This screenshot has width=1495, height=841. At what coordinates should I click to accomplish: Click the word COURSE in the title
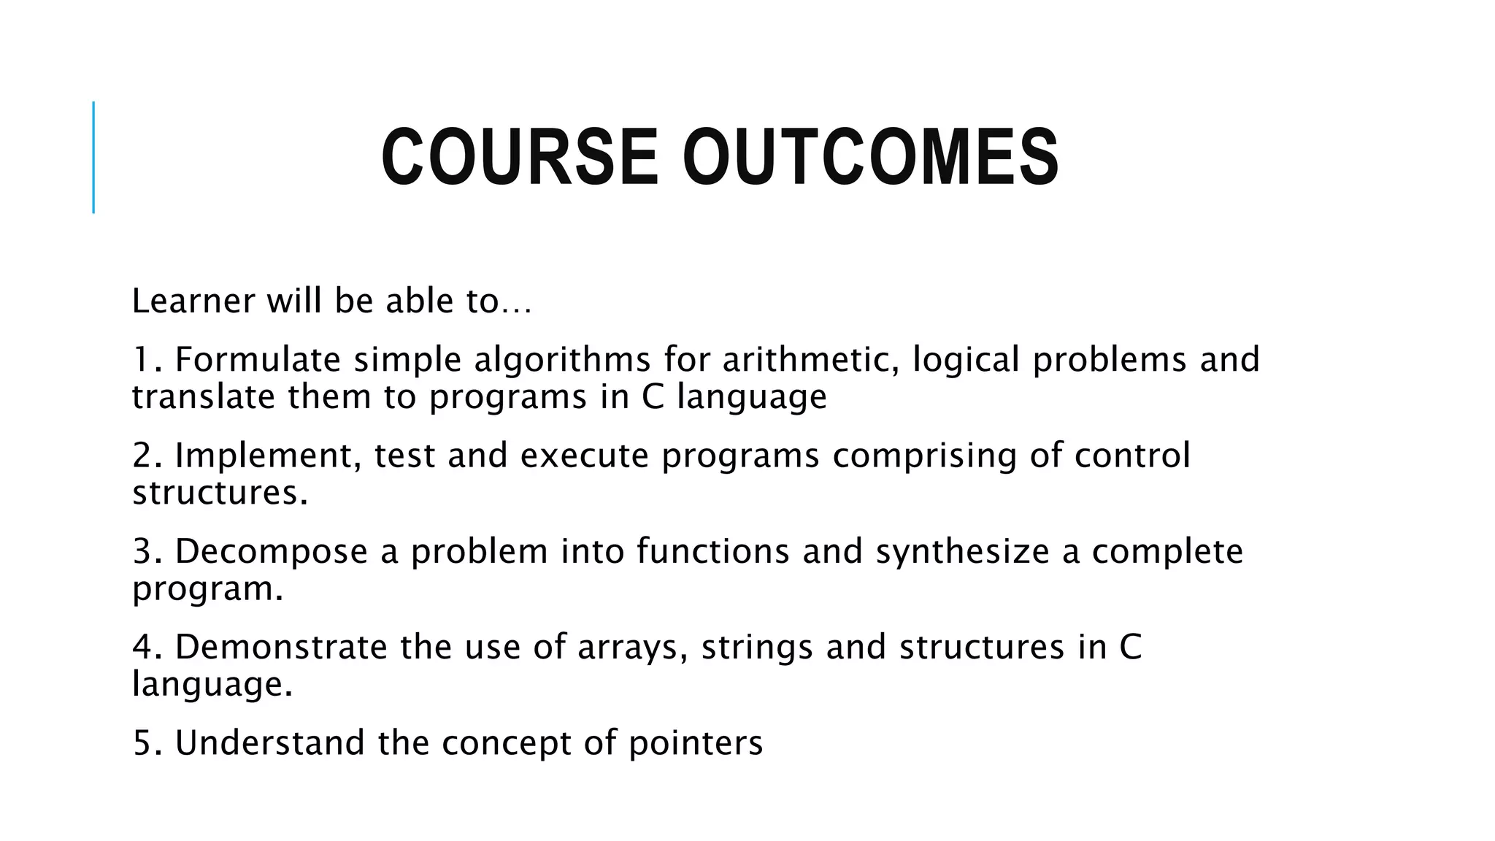[520, 158]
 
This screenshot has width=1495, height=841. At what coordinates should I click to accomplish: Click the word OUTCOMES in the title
[870, 158]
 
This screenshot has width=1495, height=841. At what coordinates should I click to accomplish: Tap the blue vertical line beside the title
[93, 157]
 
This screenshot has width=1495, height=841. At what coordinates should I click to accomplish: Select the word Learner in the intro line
[193, 301]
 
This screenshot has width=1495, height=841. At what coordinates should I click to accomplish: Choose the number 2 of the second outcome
[142, 455]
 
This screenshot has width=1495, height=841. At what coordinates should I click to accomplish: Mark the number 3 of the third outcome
[142, 551]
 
